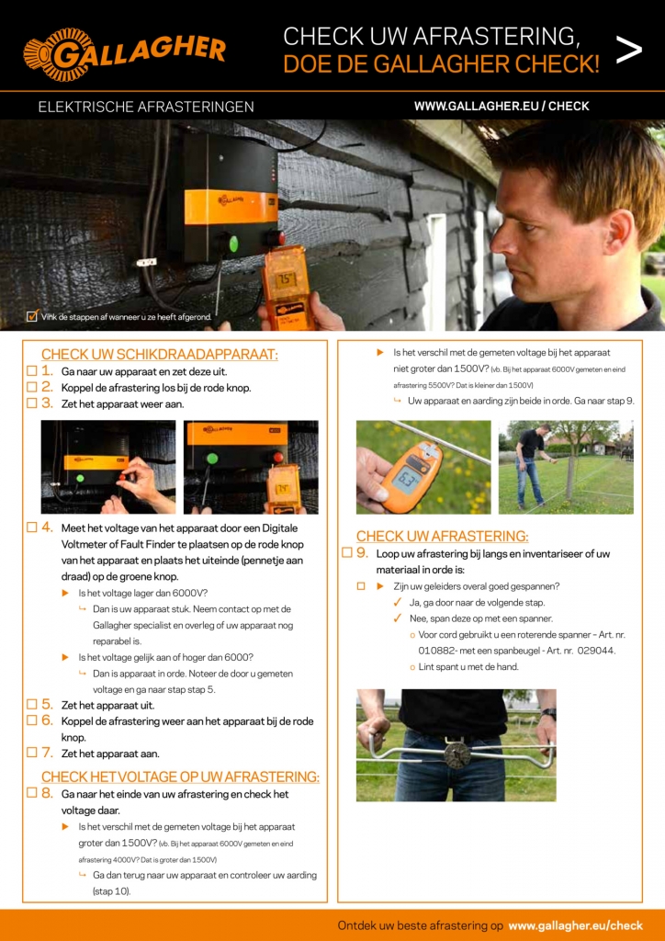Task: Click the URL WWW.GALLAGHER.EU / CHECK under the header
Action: (502, 106)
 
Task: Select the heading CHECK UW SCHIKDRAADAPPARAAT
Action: (159, 355)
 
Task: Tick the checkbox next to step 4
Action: (31, 527)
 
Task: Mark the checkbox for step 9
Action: (347, 553)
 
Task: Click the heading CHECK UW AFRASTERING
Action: (442, 536)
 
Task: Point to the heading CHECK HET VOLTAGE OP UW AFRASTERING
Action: (180, 777)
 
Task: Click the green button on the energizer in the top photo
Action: (233, 243)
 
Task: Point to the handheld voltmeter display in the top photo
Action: (286, 277)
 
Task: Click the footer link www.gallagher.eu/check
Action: (575, 925)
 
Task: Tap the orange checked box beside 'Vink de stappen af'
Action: (32, 317)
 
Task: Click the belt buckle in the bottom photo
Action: (456, 754)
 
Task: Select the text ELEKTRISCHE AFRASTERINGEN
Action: (146, 107)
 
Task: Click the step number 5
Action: (46, 705)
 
